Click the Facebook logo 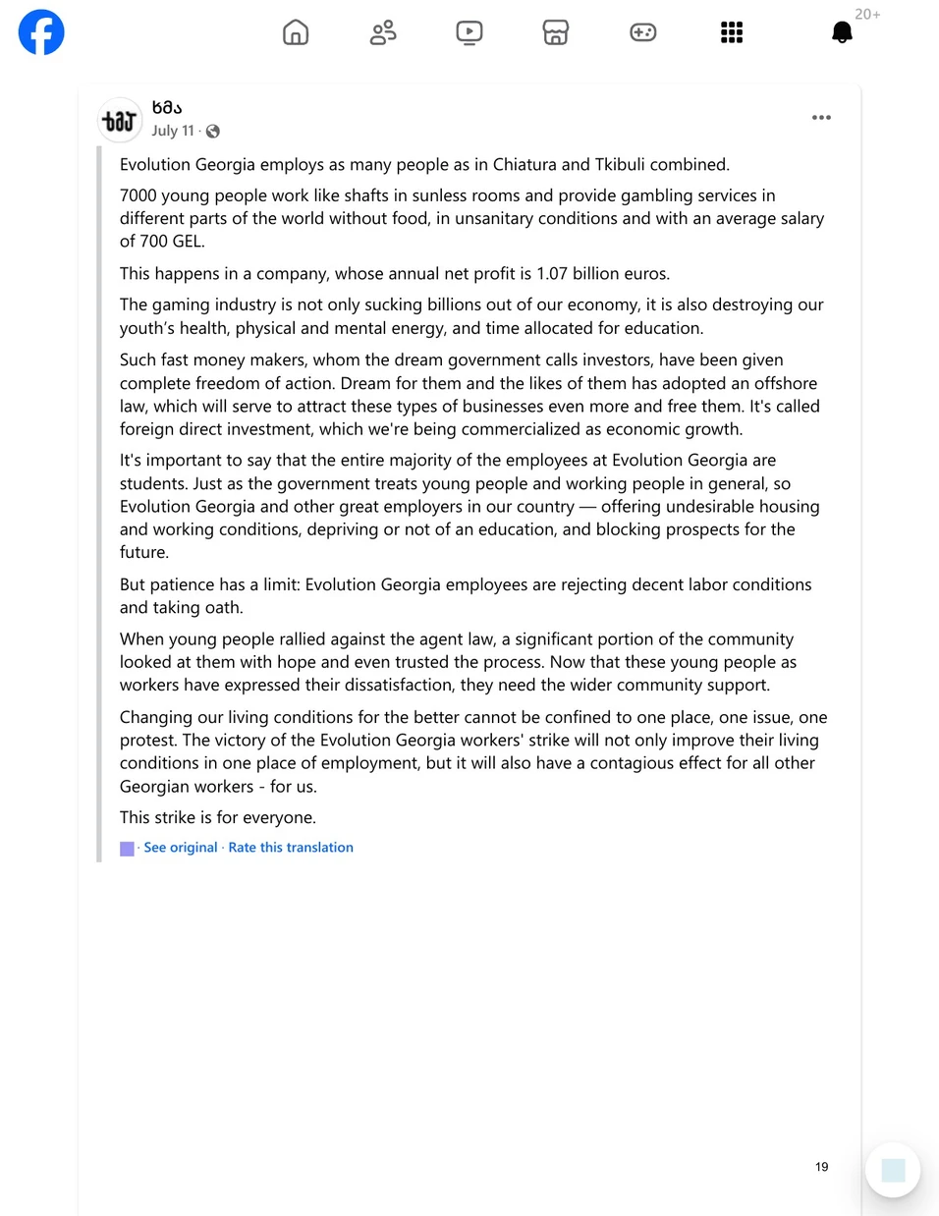(x=41, y=32)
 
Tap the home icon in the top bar (x=296, y=32)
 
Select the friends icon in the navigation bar (x=383, y=32)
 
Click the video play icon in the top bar (x=469, y=32)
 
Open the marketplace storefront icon (x=556, y=32)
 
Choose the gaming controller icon (x=643, y=32)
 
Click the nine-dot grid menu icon (x=732, y=32)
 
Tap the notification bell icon (x=842, y=32)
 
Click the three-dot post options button (x=822, y=118)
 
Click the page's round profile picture (x=120, y=121)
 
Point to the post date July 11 (x=173, y=131)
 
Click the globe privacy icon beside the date (x=213, y=132)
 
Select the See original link (x=181, y=848)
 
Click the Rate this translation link (x=291, y=848)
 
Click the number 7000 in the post (x=138, y=195)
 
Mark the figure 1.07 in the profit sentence (x=553, y=274)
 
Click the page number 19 (x=822, y=1167)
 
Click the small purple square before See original (x=127, y=849)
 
